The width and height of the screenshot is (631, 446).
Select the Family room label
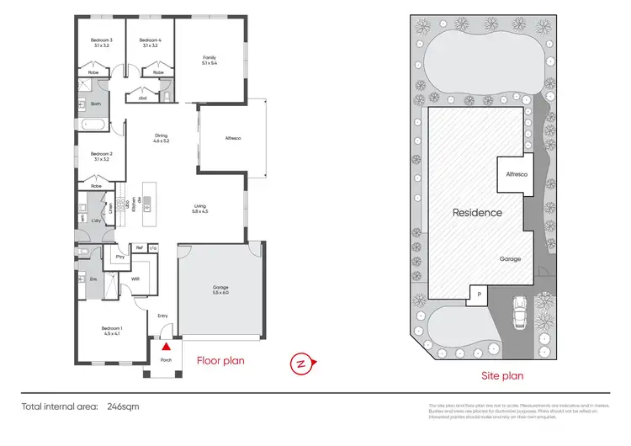coord(209,58)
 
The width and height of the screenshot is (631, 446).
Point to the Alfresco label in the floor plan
coord(233,138)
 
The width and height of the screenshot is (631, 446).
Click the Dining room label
coord(162,138)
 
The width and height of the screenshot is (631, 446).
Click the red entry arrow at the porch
coord(167,345)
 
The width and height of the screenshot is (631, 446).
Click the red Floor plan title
coord(220,361)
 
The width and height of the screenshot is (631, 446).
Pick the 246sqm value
coord(125,406)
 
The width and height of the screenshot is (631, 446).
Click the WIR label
coord(135,279)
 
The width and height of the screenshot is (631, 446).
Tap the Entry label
coord(162,316)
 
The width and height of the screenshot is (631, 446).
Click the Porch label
coord(166,360)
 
